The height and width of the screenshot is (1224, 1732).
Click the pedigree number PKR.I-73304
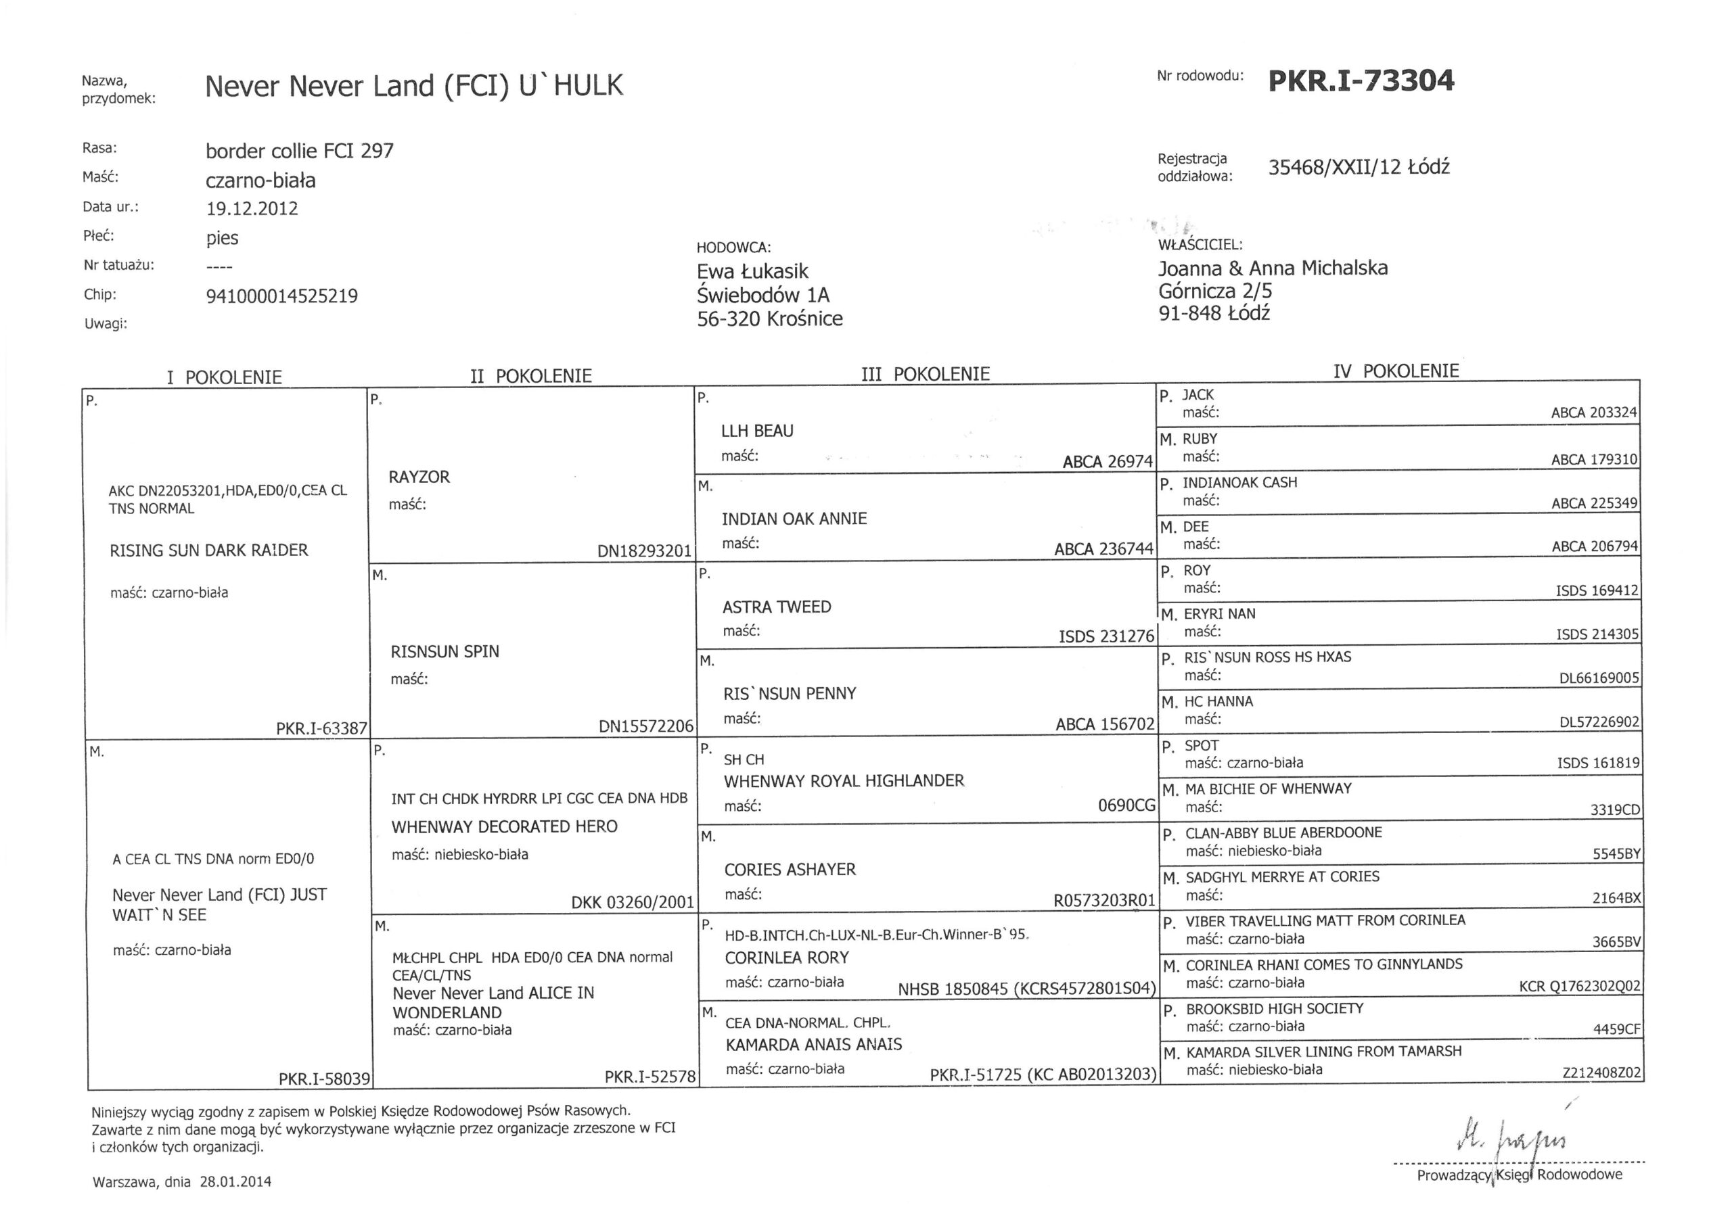pos(1361,80)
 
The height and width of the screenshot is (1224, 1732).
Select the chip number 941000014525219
pos(281,296)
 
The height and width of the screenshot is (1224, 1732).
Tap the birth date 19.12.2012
pos(251,209)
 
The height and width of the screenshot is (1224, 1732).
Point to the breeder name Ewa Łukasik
pos(752,271)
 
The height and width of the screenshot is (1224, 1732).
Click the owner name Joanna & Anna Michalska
pos(1273,268)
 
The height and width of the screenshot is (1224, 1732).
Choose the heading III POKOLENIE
pos(925,374)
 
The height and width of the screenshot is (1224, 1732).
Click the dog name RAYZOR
pos(419,477)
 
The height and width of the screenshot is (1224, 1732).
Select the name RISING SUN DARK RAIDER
pos(209,550)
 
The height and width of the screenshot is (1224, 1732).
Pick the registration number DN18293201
pos(643,551)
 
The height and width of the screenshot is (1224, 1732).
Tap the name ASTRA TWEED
pos(776,607)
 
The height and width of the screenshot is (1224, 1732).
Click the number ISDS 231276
pos(1106,636)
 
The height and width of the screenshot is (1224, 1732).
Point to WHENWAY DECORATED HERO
pos(504,826)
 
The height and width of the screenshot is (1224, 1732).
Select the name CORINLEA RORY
pos(787,958)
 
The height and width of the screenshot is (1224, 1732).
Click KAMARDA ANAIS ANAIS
pos(813,1045)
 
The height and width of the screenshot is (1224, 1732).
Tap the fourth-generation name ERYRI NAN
pos(1219,614)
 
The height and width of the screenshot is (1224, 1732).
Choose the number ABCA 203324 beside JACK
pos(1593,413)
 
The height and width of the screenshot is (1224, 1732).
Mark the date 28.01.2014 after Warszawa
pos(235,1182)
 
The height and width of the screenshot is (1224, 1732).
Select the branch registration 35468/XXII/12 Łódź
pos(1358,168)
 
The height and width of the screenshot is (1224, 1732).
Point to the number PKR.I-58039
pos(323,1079)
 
